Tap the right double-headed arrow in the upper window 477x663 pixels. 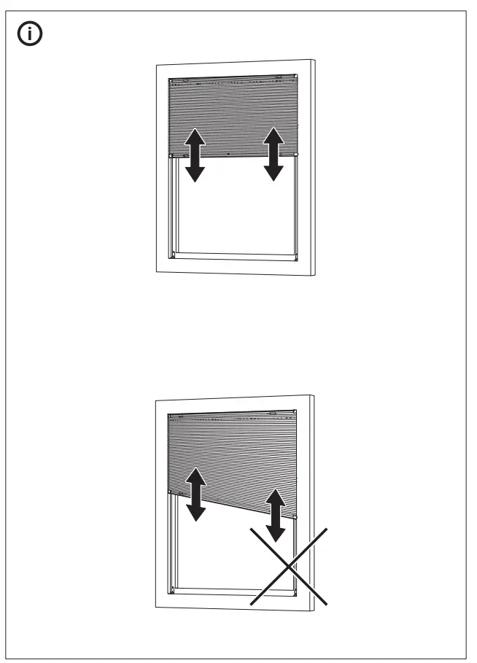274,154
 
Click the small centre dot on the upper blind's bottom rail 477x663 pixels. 229,155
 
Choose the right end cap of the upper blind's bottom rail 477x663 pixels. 295,154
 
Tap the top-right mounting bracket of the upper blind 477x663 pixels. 277,76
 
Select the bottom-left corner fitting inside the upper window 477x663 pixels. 173,254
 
